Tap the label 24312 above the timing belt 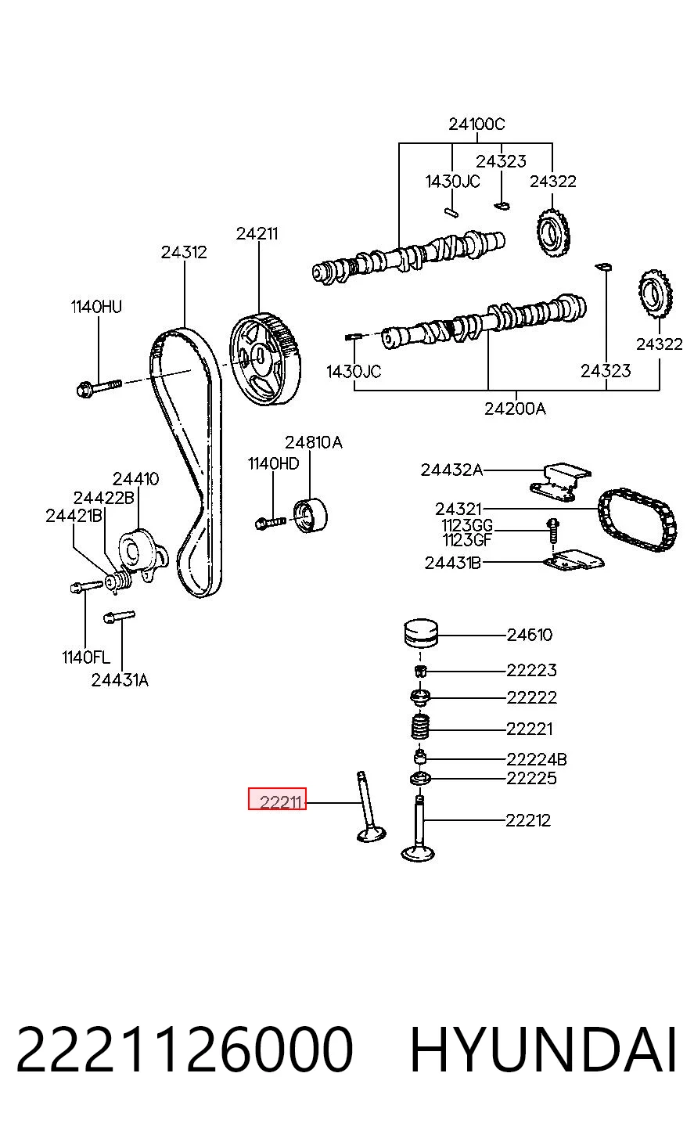pos(184,253)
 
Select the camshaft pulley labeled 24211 pos(265,359)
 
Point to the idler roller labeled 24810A pos(311,516)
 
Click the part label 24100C pos(476,124)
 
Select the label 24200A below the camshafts pos(515,409)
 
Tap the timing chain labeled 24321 pos(637,520)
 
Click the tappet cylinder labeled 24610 pos(421,633)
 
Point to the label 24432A pos(451,470)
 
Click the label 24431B pos(453,563)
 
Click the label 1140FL pos(86,657)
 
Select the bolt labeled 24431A pos(119,617)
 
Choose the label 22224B pos(537,759)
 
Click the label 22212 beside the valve pos(528,820)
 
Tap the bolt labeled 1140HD pos(271,522)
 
